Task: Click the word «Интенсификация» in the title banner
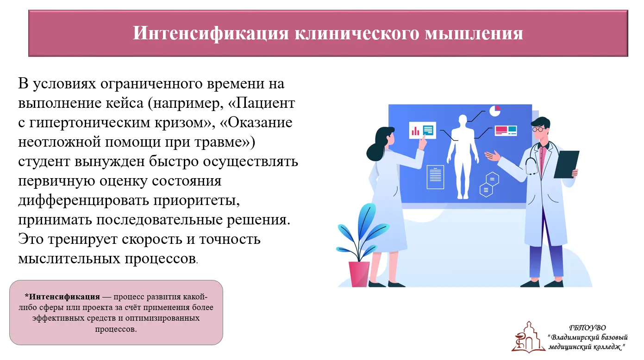tap(211, 33)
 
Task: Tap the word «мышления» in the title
tap(474, 33)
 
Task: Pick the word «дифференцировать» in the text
tap(83, 200)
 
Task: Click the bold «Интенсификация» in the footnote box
tap(64, 297)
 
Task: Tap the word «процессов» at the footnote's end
tap(116, 329)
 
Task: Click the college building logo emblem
tap(528, 337)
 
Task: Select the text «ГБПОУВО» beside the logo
tap(588, 328)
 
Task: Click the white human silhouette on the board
tap(463, 156)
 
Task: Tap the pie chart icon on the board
tap(495, 111)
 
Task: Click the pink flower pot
tap(359, 274)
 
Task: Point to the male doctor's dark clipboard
tap(566, 164)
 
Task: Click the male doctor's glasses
tap(538, 130)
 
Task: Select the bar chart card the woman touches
tap(422, 130)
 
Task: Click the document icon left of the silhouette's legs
tap(435, 177)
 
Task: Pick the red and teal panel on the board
tap(506, 131)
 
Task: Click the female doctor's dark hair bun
tap(374, 152)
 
